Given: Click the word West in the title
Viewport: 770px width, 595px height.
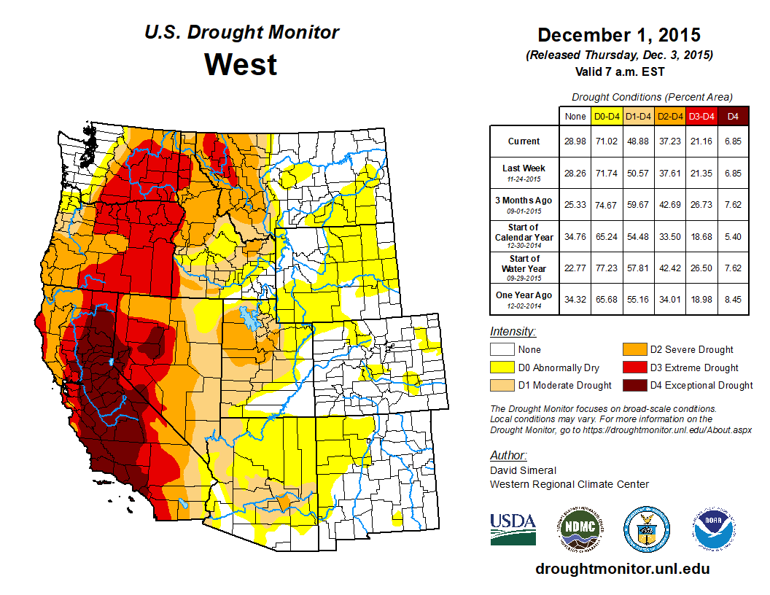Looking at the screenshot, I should click(241, 64).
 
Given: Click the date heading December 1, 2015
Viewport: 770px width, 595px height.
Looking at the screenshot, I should click(618, 35).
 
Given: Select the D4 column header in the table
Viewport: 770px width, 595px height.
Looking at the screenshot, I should click(733, 116).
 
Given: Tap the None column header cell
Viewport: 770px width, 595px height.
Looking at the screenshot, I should click(575, 116).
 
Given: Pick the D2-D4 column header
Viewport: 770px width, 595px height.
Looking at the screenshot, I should click(670, 116).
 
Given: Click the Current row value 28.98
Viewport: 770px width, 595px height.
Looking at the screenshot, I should click(575, 141).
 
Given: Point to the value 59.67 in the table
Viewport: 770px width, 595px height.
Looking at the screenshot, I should click(639, 205).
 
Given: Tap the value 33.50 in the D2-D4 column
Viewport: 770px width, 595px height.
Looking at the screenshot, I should click(670, 237).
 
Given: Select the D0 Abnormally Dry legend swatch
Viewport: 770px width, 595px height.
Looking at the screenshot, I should click(501, 367).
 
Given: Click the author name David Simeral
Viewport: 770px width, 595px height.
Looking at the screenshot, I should click(523, 470).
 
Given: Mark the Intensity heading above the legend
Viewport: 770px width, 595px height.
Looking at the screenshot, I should click(513, 332).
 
